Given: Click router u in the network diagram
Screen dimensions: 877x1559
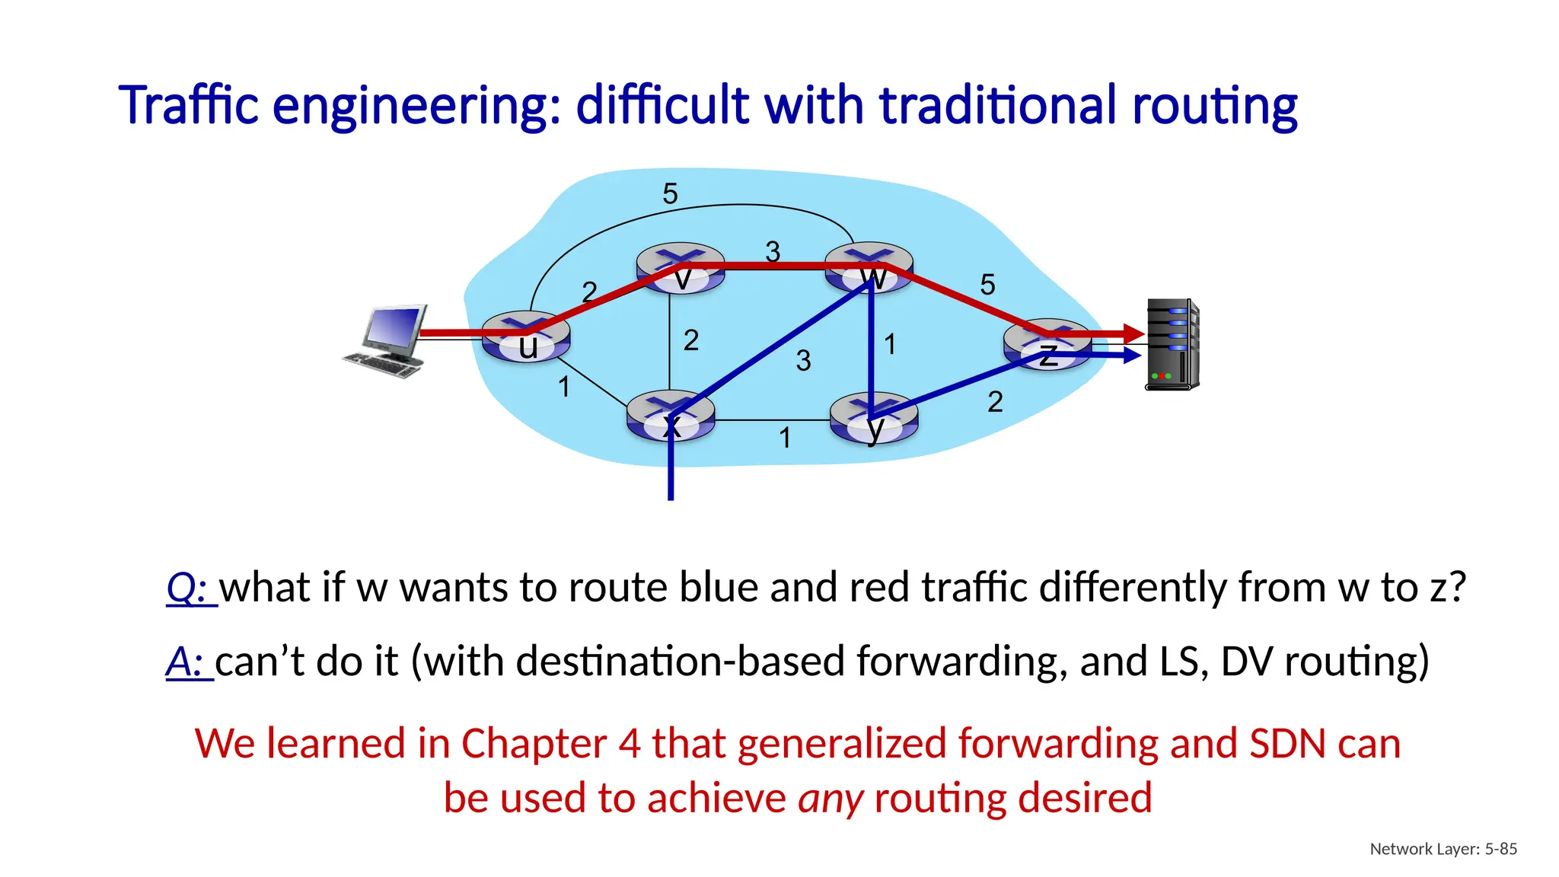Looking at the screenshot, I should (x=526, y=336).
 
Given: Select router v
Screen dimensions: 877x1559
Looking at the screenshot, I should (x=681, y=268).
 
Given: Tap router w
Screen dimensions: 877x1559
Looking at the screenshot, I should (x=869, y=268).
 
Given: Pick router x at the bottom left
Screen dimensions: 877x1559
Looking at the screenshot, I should (x=671, y=416).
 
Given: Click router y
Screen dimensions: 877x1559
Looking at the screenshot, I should (x=874, y=419).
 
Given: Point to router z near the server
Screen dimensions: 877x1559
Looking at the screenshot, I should (x=1047, y=345).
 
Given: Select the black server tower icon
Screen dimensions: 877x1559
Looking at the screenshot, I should (x=1172, y=345).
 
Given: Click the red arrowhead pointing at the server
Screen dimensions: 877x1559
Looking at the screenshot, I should (x=1133, y=333).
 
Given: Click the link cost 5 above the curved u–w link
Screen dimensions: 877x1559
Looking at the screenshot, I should (x=670, y=194).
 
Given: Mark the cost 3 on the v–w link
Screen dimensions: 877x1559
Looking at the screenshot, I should (x=773, y=251).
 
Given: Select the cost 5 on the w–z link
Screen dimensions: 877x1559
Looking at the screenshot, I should (x=987, y=285).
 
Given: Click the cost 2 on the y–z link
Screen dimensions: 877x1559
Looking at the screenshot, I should (x=995, y=402).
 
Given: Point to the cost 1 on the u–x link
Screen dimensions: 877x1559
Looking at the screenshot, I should (x=564, y=387).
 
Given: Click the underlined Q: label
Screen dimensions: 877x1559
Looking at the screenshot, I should (x=190, y=588).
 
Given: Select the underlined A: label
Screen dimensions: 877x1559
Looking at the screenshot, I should (x=188, y=662).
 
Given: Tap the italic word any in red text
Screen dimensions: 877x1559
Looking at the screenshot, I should (x=830, y=799).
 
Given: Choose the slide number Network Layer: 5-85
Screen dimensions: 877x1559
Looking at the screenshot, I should (x=1443, y=849).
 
